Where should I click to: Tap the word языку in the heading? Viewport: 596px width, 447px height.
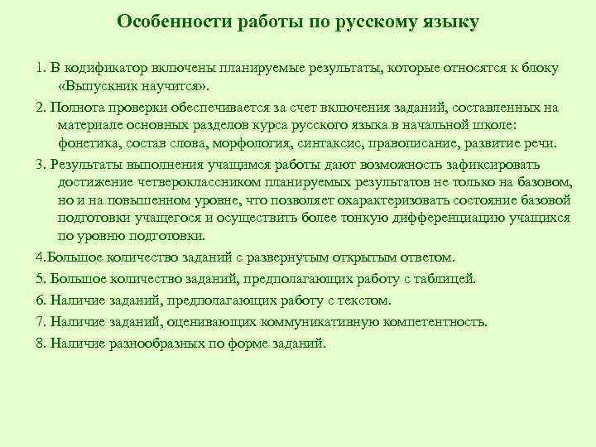446,22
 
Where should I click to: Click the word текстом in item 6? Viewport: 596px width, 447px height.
367,300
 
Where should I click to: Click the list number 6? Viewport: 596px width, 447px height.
40,300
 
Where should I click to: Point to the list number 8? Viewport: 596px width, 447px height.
40,343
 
